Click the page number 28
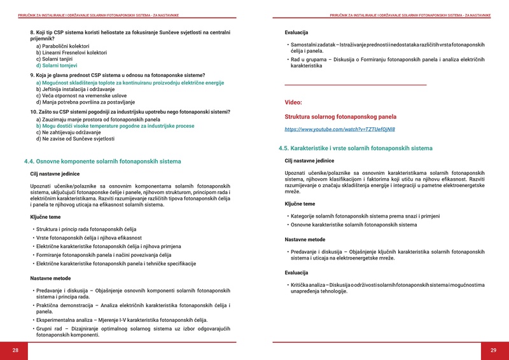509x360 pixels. point(15,350)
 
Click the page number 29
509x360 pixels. point(493,350)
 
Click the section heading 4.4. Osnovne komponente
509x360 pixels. point(102,162)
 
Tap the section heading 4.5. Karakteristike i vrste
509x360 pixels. point(355,148)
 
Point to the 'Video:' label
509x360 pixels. point(293,102)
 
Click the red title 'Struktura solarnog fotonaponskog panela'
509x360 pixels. point(340,117)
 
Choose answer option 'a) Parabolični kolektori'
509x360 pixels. point(62,46)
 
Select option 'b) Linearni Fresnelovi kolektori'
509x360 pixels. point(71,53)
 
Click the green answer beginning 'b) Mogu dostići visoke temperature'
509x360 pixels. point(115,126)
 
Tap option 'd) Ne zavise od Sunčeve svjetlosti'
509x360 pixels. point(75,139)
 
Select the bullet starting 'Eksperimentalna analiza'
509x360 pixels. point(122,320)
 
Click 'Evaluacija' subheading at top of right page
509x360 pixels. point(296,32)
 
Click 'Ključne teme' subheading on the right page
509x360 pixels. point(300,204)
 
